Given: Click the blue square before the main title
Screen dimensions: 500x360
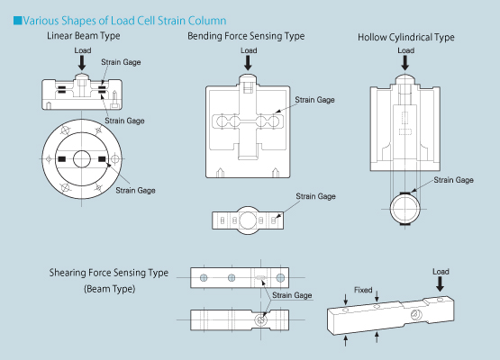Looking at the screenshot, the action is point(17,21).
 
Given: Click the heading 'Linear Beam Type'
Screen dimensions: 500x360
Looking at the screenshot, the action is point(84,36).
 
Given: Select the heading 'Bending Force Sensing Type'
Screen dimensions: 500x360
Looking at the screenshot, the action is point(246,36).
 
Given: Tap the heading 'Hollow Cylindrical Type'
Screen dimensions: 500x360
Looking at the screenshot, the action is point(406,37).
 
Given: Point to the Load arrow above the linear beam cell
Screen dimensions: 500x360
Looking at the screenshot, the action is point(82,63).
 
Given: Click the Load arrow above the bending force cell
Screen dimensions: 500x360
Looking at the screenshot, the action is point(248,63).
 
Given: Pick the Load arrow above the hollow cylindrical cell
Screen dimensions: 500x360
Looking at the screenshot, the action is point(405,63).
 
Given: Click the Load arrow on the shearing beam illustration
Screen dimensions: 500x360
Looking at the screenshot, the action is point(440,283).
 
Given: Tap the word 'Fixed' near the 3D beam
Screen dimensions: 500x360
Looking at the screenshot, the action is point(363,290).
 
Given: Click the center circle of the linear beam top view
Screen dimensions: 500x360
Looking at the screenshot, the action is point(82,159).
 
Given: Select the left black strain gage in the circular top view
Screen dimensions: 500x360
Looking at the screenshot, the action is point(61,159).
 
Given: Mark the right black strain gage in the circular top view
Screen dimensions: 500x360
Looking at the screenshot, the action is point(102,159).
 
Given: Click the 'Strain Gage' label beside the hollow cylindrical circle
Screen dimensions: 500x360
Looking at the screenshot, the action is point(453,180).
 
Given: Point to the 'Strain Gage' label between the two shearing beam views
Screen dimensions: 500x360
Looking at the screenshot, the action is point(292,295).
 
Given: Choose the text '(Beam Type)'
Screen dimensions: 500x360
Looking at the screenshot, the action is point(109,289).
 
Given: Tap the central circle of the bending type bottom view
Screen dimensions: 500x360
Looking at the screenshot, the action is point(248,220).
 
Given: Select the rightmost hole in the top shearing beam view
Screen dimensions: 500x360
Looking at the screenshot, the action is point(280,278).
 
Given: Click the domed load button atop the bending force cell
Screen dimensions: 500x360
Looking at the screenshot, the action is point(248,79).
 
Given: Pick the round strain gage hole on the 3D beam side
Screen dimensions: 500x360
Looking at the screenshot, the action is point(415,315).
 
